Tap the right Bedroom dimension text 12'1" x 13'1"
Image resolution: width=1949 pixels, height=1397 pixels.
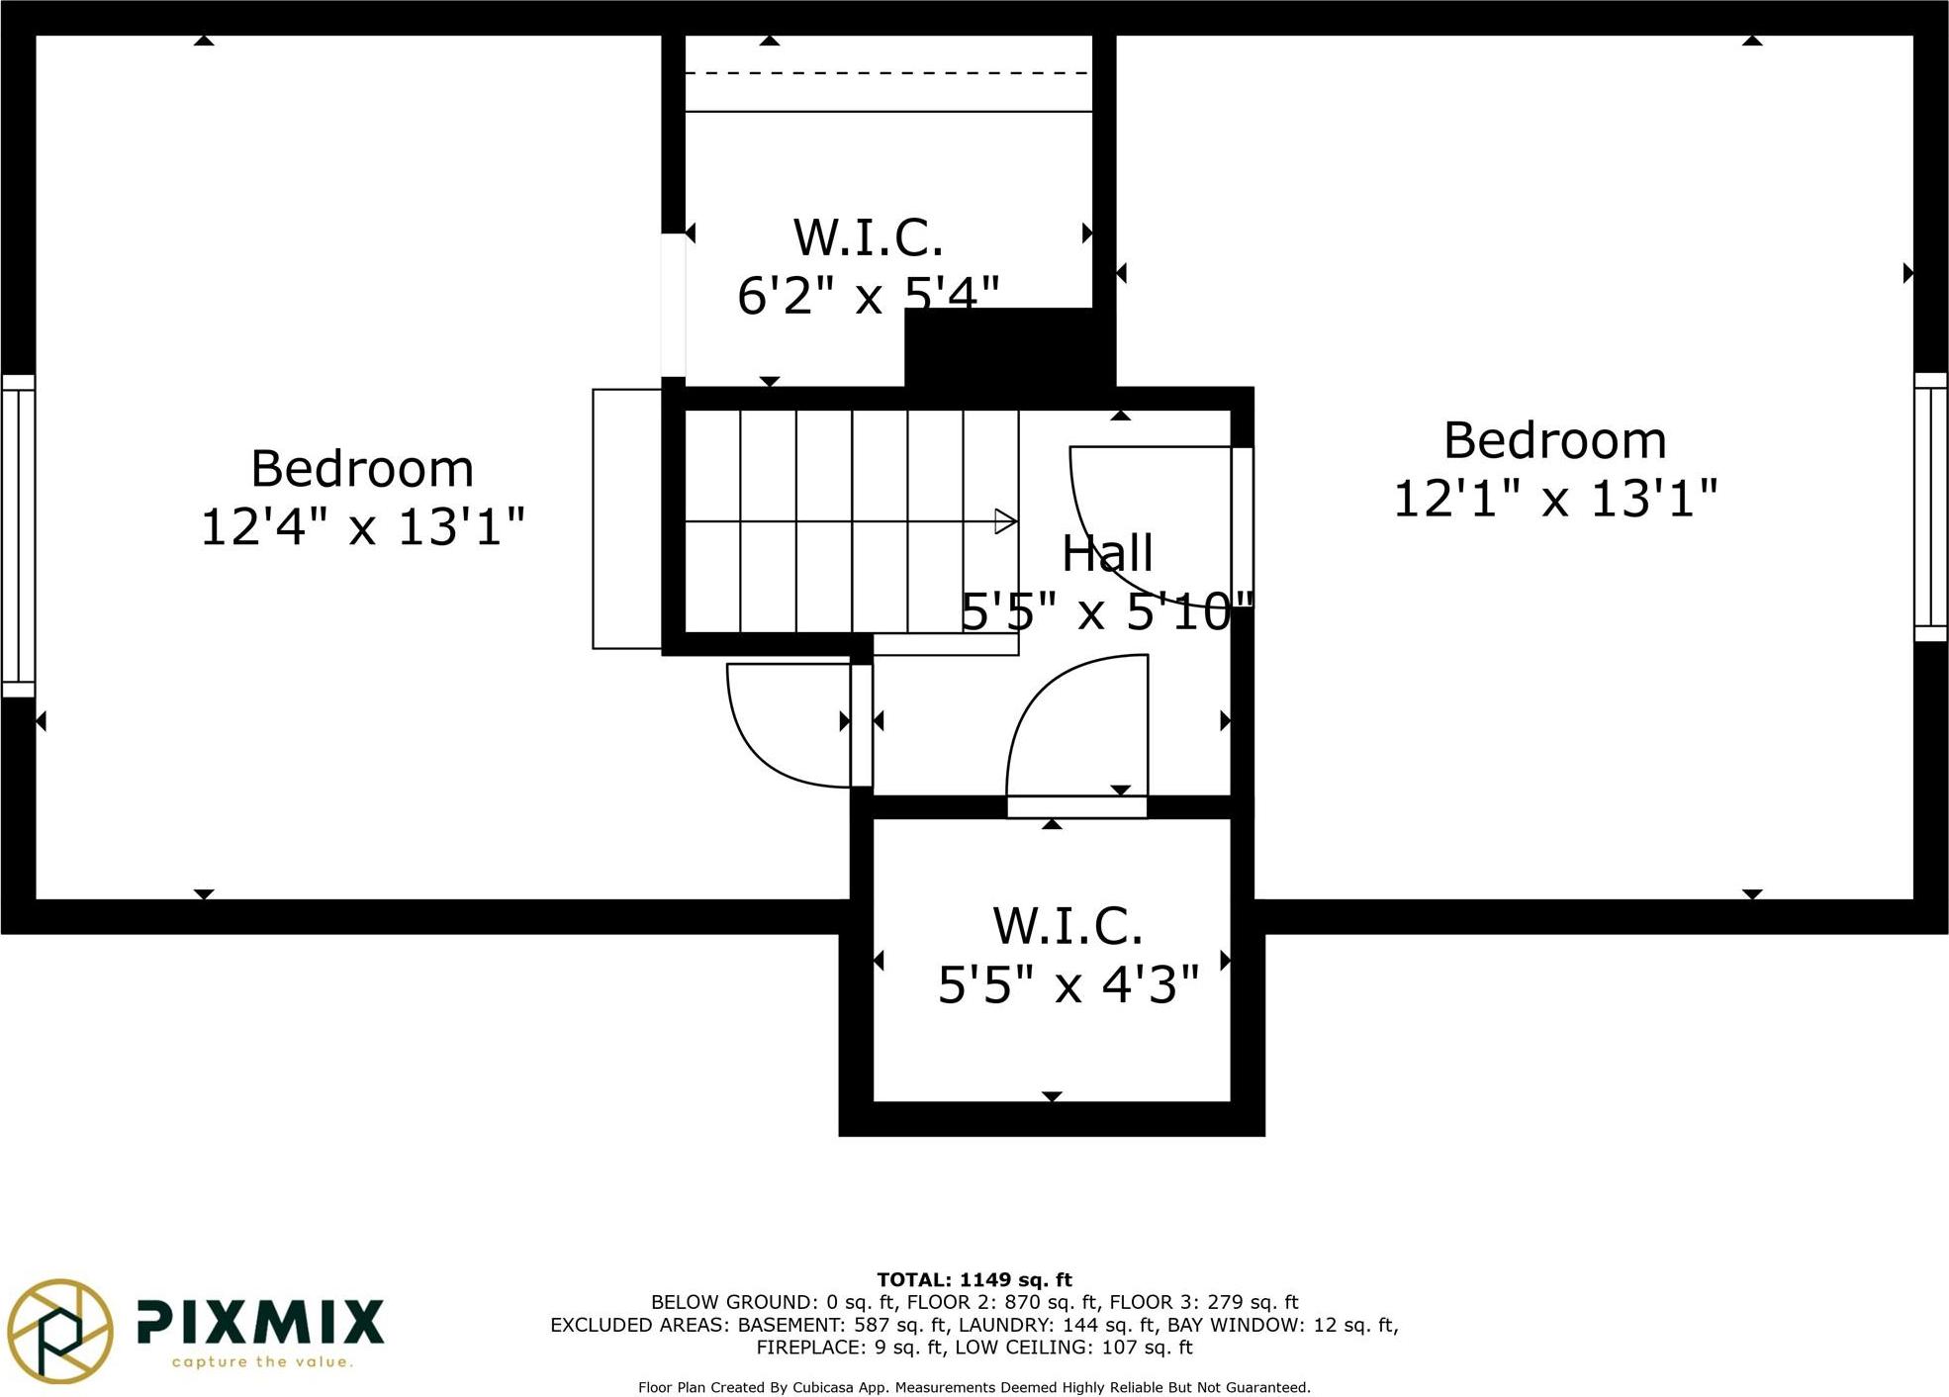(1554, 498)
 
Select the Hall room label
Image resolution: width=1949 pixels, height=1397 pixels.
(1107, 553)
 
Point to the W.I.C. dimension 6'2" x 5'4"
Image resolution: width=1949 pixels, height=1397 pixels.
(868, 295)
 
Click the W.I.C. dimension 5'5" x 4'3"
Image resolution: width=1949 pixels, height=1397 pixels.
(1067, 984)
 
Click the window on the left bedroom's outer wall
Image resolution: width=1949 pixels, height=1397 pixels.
(18, 535)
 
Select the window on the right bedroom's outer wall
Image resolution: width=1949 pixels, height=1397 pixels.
(1930, 507)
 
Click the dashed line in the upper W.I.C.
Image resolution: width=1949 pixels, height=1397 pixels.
(887, 73)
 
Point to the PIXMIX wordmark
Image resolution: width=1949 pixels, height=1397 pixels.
(259, 1322)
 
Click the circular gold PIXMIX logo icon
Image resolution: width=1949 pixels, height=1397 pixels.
(59, 1330)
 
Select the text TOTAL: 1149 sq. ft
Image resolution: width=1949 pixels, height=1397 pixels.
(974, 1280)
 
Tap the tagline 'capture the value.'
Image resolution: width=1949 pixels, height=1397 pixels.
(262, 1362)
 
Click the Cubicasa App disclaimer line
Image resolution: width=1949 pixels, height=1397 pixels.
(974, 1388)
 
